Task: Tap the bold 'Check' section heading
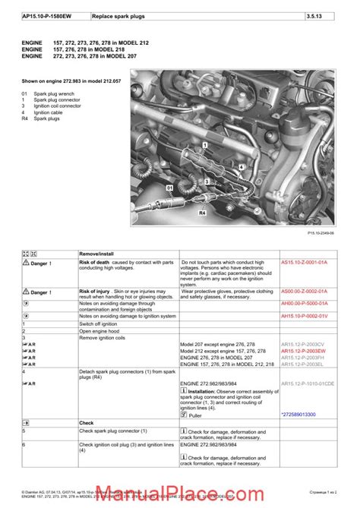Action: tap(87, 422)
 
